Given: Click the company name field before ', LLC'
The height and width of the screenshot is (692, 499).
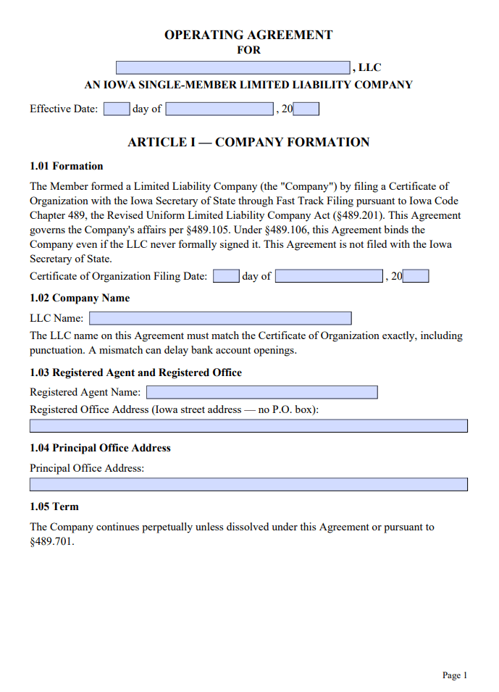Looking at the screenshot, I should (233, 67).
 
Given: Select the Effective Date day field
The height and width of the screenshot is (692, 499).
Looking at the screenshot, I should (116, 109).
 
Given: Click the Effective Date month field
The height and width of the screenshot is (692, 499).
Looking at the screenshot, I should (219, 109).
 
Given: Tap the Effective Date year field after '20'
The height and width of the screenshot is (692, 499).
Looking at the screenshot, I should (306, 109).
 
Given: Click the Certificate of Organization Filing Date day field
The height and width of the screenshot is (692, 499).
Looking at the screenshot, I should (226, 276).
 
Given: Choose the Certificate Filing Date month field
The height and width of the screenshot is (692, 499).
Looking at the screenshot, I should (329, 276).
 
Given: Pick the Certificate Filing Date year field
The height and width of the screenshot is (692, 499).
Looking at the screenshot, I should (416, 276).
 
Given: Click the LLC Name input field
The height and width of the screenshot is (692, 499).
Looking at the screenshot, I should (220, 318).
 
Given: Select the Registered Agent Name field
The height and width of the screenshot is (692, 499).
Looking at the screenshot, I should (261, 392).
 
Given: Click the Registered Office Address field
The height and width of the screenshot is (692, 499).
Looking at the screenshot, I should (248, 426).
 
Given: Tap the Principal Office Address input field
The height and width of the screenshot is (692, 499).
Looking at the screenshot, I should (248, 485).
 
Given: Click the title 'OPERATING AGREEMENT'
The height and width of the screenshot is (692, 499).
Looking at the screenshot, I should (248, 35).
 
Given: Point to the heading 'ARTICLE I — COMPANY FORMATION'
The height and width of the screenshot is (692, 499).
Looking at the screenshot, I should (248, 142).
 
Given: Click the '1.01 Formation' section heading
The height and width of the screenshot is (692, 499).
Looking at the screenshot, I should (67, 166).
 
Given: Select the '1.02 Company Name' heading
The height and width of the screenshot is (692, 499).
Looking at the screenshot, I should (80, 298).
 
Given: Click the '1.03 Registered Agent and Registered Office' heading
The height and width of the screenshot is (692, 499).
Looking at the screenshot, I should (135, 372).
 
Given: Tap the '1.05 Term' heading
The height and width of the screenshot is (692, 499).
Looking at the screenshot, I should (54, 507).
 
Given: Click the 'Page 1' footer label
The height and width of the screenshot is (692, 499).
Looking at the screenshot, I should (455, 675).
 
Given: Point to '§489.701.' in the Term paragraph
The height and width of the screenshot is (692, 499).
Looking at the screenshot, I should (52, 541).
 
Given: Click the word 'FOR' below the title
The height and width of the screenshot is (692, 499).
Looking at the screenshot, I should (248, 51).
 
